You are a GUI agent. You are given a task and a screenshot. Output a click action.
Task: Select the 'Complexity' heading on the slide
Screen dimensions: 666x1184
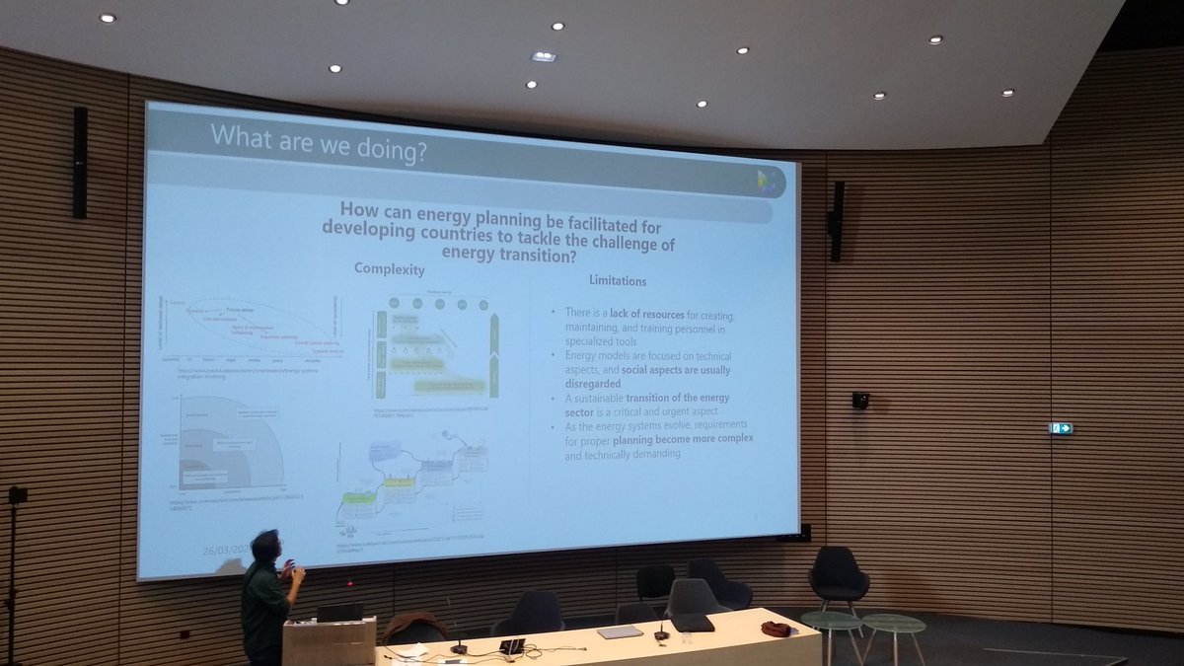pos(389,268)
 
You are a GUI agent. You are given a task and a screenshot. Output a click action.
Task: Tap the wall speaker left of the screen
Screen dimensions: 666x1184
pos(80,162)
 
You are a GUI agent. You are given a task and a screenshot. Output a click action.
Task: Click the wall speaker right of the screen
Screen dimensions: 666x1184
pos(836,220)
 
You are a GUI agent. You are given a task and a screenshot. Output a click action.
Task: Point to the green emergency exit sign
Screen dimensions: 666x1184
pos(1062,428)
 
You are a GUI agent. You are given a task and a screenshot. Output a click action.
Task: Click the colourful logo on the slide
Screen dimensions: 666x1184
pos(765,182)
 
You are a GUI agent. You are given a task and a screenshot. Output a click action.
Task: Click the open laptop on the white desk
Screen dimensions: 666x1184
pos(512,645)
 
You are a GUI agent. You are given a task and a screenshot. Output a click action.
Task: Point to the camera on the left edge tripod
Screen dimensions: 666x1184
pos(17,495)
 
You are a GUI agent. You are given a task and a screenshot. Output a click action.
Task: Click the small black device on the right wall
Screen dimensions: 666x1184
pos(860,401)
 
